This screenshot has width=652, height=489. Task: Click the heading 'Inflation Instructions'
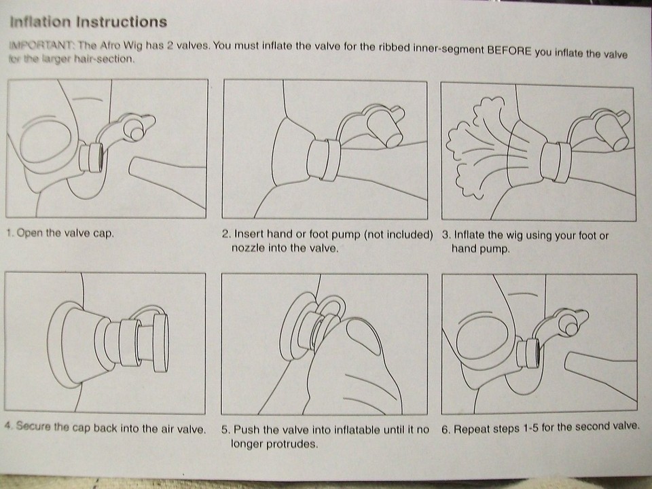click(x=88, y=22)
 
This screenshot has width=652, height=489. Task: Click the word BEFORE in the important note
click(x=509, y=51)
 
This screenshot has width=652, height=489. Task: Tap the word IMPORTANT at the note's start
click(x=41, y=45)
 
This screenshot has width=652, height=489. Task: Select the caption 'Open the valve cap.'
click(x=65, y=233)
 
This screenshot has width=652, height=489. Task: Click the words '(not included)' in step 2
click(x=399, y=234)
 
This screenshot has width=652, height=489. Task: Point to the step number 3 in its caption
click(x=445, y=236)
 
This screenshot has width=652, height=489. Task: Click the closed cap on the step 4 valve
click(x=160, y=342)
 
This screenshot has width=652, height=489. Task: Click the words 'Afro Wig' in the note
click(x=121, y=45)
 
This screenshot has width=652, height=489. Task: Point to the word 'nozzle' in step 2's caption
click(x=248, y=249)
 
